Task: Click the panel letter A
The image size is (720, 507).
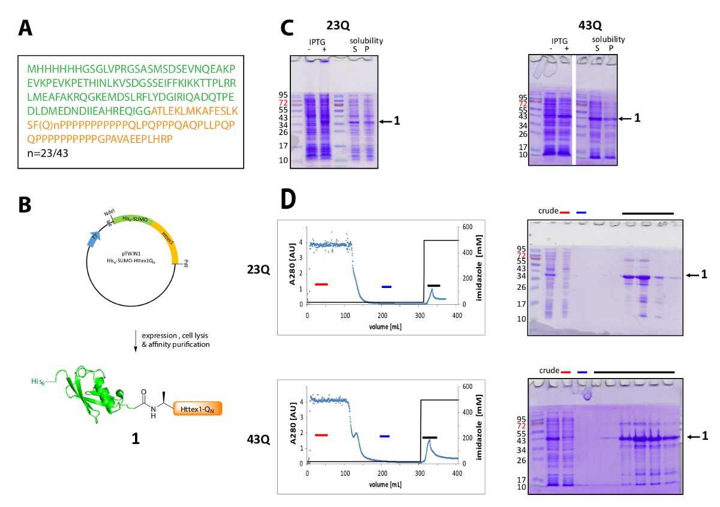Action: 26,28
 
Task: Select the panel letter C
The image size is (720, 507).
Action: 289,28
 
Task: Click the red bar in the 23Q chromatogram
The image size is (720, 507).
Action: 321,284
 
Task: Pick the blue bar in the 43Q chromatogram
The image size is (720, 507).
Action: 385,436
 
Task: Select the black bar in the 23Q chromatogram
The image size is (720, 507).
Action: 433,286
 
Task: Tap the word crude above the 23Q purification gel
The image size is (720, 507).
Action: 547,212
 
